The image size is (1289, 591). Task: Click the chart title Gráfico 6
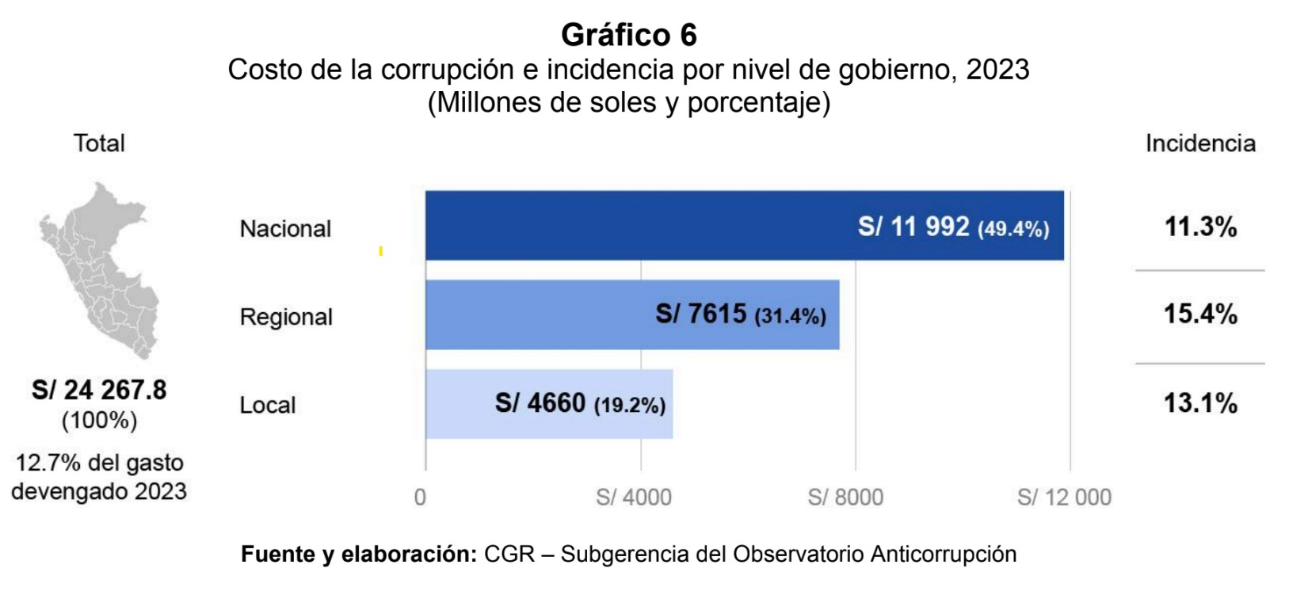click(628, 35)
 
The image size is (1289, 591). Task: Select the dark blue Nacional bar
click(634, 226)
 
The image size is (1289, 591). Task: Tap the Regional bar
click(539, 315)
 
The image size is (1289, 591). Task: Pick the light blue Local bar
click(460, 404)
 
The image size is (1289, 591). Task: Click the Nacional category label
click(285, 229)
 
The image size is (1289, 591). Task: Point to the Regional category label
click(286, 317)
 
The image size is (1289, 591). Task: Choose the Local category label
click(268, 405)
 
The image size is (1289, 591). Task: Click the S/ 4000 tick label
click(634, 498)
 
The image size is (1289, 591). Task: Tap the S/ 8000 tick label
click(845, 498)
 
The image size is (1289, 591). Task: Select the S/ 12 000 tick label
click(1064, 498)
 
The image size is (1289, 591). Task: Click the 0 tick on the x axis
click(420, 498)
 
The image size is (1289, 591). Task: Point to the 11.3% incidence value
click(1200, 227)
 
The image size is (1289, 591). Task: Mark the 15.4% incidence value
click(1200, 315)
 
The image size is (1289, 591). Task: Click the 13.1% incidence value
click(1200, 403)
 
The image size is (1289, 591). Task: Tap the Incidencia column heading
click(1200, 143)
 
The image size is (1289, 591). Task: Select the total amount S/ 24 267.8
click(99, 390)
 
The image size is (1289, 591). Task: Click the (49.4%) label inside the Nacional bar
click(1013, 230)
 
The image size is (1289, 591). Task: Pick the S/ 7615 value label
click(700, 315)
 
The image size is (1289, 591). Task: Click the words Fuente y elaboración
click(358, 554)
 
